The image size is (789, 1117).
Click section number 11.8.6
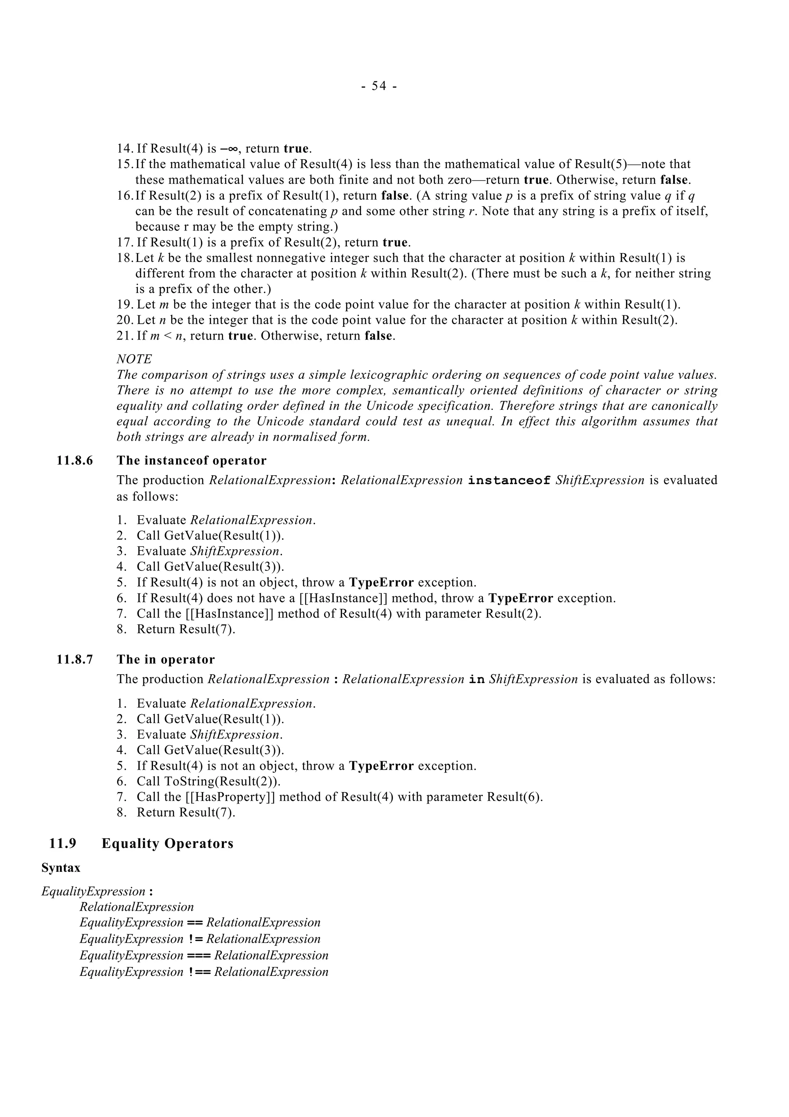click(74, 461)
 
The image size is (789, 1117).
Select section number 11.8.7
click(74, 660)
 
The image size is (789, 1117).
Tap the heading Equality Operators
click(167, 844)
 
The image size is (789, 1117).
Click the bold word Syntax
click(61, 868)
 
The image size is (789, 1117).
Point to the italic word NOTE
click(134, 359)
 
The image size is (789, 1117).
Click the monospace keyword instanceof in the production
click(509, 481)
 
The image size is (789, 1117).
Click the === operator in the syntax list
click(198, 956)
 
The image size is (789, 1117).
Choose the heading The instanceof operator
click(191, 461)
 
